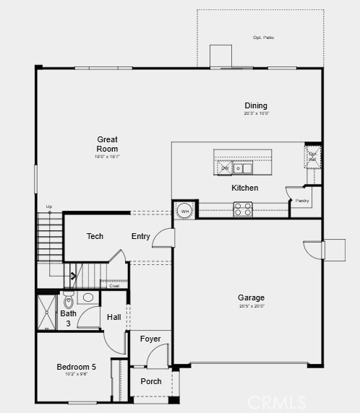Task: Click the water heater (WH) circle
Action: [184, 210]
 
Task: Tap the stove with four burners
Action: [243, 209]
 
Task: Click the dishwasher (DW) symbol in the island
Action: [225, 168]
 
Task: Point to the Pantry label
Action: [302, 201]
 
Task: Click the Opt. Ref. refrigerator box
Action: [313, 156]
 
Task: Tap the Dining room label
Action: [256, 105]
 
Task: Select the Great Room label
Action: [107, 144]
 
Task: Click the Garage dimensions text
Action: [251, 306]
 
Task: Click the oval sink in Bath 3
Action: [88, 297]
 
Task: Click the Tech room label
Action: [95, 236]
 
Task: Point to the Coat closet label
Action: [113, 286]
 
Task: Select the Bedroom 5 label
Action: [77, 367]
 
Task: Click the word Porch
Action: [151, 381]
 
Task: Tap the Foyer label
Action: [150, 339]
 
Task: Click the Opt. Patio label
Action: [263, 38]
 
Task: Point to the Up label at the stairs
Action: [49, 207]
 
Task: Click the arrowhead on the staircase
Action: [72, 275]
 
